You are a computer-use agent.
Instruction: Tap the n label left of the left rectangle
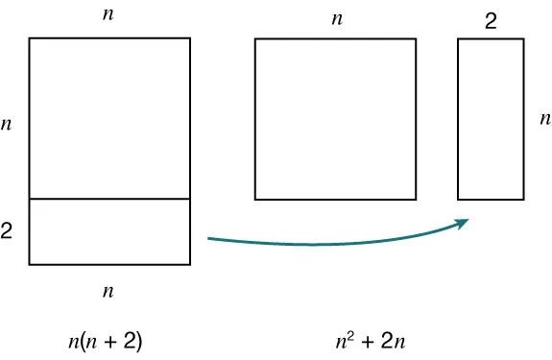pyautogui.click(x=7, y=125)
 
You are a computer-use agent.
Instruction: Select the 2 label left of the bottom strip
pyautogui.click(x=7, y=231)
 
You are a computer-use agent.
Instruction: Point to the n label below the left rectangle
pyautogui.click(x=108, y=291)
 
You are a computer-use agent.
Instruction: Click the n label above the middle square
pyautogui.click(x=336, y=18)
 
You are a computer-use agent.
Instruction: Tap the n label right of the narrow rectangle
pyautogui.click(x=544, y=120)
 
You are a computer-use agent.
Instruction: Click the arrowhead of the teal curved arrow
pyautogui.click(x=464, y=223)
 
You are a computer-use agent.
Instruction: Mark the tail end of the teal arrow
pyautogui.click(x=209, y=237)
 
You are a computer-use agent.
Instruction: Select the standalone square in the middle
pyautogui.click(x=335, y=119)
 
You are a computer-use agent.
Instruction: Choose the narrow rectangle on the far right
pyautogui.click(x=491, y=119)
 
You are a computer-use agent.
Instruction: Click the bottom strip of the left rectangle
pyautogui.click(x=108, y=231)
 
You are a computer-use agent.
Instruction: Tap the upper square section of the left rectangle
pyautogui.click(x=108, y=118)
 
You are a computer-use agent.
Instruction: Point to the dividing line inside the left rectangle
pyautogui.click(x=108, y=199)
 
